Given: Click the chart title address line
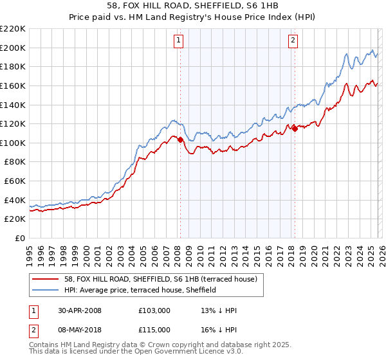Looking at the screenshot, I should coord(192,6).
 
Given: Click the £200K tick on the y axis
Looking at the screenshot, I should coord(13,48).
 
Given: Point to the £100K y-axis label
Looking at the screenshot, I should coord(13,143).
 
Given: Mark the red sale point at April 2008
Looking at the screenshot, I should coord(180,139).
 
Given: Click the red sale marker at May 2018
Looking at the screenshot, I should coord(295,129).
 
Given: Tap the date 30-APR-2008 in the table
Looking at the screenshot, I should coord(79,310).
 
